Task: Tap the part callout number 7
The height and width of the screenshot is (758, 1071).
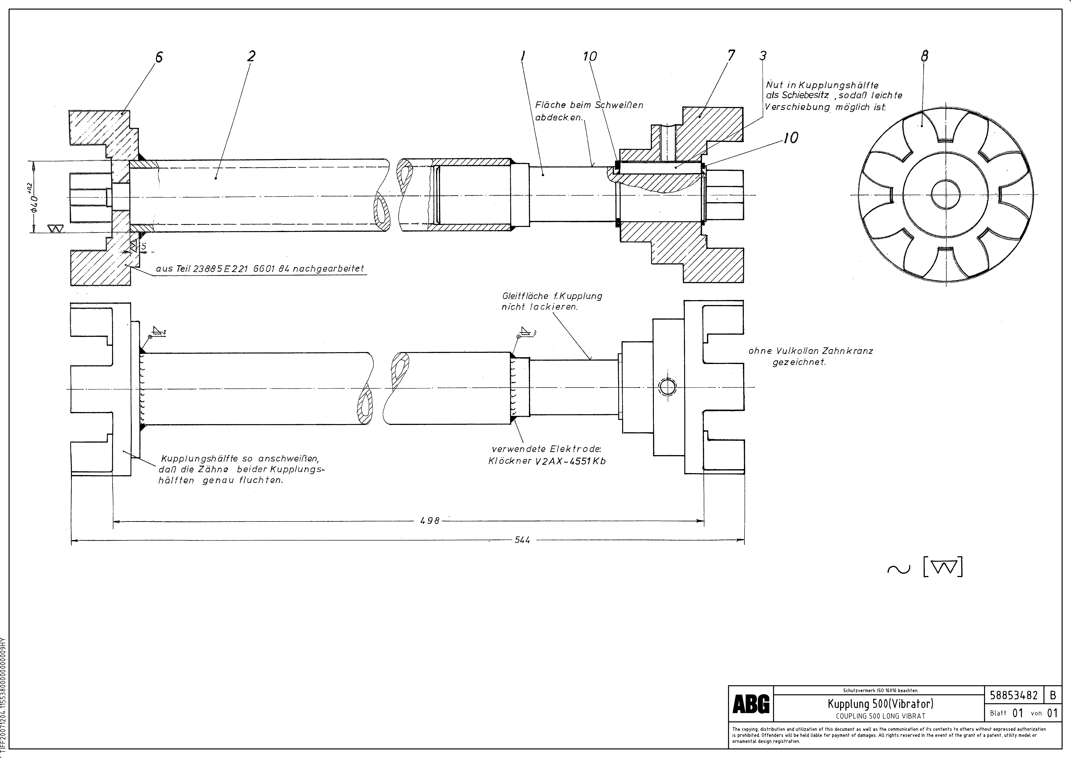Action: point(731,56)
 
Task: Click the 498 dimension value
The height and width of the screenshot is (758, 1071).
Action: point(430,520)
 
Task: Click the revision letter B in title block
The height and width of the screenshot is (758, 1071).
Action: point(1053,695)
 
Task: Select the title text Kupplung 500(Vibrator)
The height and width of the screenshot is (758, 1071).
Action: point(880,703)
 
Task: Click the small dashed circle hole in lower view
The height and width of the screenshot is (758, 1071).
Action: point(667,387)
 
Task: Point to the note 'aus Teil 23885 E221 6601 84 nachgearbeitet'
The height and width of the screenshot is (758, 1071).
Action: point(259,269)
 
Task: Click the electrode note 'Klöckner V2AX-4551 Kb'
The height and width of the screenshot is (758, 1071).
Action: point(547,461)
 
